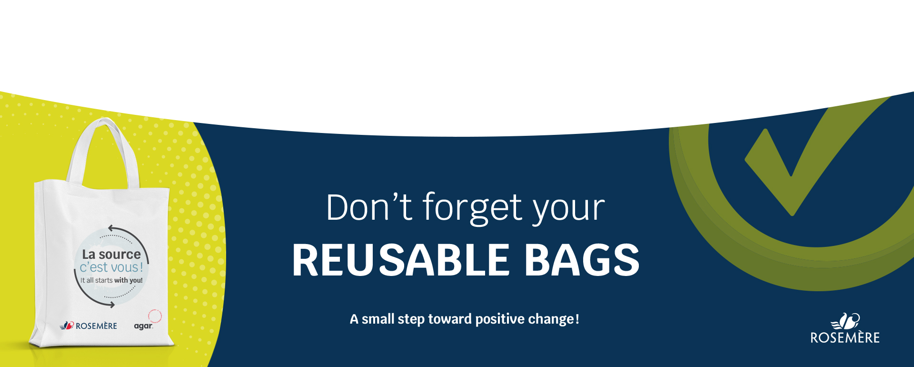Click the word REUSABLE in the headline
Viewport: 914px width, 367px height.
(401, 260)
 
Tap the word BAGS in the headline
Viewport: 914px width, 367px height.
(582, 260)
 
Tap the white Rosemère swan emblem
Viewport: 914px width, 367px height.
(845, 321)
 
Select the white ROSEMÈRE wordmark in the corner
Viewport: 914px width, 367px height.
(845, 337)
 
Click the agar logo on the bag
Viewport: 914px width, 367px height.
(143, 326)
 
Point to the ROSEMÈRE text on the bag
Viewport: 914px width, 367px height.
(96, 326)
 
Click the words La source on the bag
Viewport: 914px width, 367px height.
(111, 255)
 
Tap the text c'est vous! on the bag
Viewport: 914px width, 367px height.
(111, 267)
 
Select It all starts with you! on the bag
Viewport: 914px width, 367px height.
(111, 280)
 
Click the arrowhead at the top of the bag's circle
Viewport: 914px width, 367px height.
(112, 228)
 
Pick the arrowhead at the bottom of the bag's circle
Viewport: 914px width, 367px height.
(111, 305)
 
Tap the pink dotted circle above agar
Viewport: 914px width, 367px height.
(155, 316)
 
